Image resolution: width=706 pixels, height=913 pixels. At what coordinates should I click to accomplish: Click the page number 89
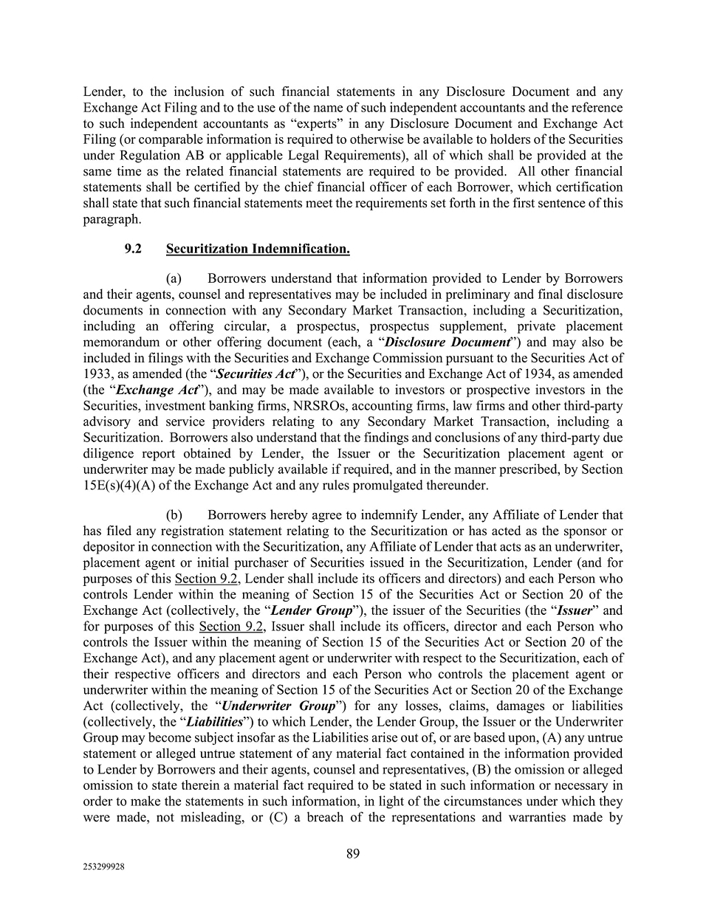pos(353,854)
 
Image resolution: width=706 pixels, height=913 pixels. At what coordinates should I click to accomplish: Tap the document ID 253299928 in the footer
pos(103,868)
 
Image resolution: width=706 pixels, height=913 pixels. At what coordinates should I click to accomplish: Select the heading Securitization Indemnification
pos(258,249)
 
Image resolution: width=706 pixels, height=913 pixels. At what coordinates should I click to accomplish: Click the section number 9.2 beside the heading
pos(133,249)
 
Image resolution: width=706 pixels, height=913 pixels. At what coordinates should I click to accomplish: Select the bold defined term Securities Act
pos(256,374)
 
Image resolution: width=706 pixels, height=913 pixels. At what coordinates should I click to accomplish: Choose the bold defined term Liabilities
pos(215,722)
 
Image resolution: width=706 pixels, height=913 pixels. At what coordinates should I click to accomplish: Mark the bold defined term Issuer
pos(574,610)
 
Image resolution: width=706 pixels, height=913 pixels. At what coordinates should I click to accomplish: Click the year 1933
pos(97,374)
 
